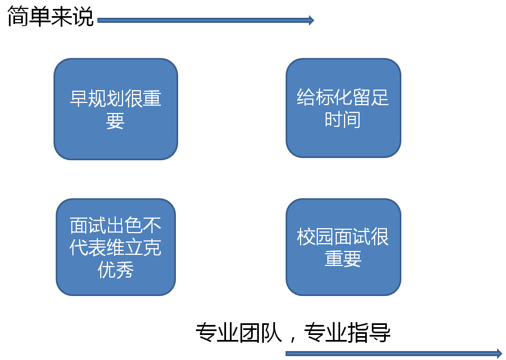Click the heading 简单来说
pyautogui.click(x=50, y=16)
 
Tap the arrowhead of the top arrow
pyautogui.click(x=311, y=21)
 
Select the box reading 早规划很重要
pyautogui.click(x=116, y=109)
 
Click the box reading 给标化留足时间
pyautogui.click(x=343, y=108)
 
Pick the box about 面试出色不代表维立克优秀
pyautogui.click(x=116, y=247)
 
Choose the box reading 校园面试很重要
pyautogui.click(x=343, y=247)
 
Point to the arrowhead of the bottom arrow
pyautogui.click(x=499, y=353)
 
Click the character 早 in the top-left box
pyautogui.click(x=78, y=98)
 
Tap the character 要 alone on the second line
pyautogui.click(x=115, y=121)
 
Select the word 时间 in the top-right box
pyautogui.click(x=343, y=120)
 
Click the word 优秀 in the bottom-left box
pyautogui.click(x=116, y=269)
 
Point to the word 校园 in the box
pyautogui.click(x=315, y=236)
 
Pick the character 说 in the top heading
pyautogui.click(x=83, y=16)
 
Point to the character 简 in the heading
pyautogui.click(x=18, y=16)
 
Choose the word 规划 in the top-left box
pyautogui.click(x=106, y=98)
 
